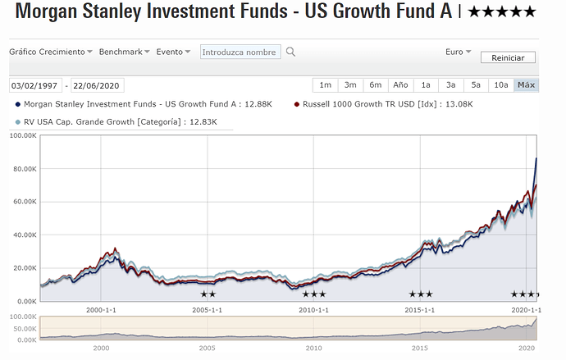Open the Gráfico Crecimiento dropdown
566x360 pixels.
(x=50, y=52)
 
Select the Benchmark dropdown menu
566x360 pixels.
(x=124, y=52)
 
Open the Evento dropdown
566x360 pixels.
(x=173, y=52)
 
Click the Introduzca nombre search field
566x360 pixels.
(x=240, y=52)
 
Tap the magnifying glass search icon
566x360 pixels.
(x=290, y=52)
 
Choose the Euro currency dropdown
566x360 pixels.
(x=458, y=52)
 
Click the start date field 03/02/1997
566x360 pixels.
(x=35, y=85)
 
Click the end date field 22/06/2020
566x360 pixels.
(x=98, y=85)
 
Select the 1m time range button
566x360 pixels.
(x=326, y=85)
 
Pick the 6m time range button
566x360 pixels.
(x=375, y=85)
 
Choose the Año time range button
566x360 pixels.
(x=400, y=85)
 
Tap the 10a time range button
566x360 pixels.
(x=500, y=85)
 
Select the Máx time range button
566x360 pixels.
(x=526, y=85)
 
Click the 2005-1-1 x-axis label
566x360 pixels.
(x=208, y=311)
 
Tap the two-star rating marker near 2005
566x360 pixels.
(x=208, y=294)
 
